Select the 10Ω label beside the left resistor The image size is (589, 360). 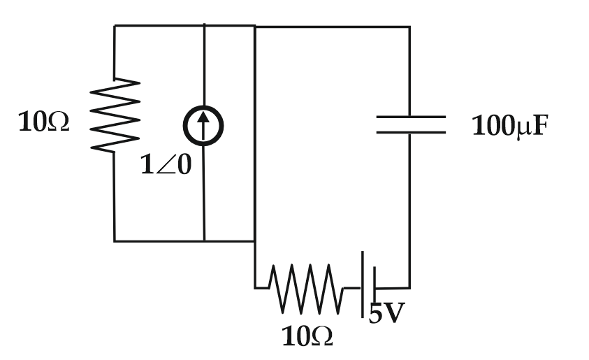[x=44, y=123]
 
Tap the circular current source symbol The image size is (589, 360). [x=203, y=126]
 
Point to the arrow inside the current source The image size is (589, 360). [x=203, y=125]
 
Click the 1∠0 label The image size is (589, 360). [x=166, y=166]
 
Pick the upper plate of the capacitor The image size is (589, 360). [x=410, y=117]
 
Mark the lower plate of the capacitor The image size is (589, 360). [x=410, y=131]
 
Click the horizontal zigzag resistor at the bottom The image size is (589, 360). [x=307, y=287]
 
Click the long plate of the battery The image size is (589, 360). [x=362, y=287]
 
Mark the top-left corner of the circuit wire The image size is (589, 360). [x=115, y=26]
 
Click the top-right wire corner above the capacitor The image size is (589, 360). [x=409, y=27]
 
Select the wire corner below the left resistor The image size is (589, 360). [x=115, y=241]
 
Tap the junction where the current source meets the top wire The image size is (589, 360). [x=204, y=26]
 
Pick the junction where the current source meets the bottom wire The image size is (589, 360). [x=204, y=241]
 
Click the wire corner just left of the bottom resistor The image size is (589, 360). [x=255, y=287]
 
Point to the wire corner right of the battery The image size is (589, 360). [x=409, y=287]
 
